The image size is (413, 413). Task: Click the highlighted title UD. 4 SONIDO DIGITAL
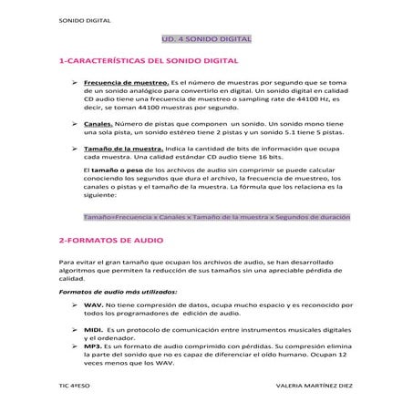(206, 40)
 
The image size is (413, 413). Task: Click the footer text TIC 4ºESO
(72, 387)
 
